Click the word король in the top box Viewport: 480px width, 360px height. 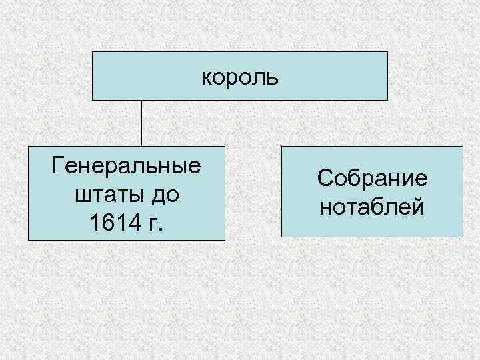coord(239,77)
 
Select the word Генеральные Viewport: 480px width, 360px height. coord(127,165)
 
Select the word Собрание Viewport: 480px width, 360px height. coord(372,179)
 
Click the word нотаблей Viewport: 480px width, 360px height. coord(372,208)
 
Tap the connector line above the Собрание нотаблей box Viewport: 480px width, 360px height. coord(331,123)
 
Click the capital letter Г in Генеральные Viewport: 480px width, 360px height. coord(57,165)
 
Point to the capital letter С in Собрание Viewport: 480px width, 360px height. coord(325,179)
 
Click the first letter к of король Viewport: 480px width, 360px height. coord(207,77)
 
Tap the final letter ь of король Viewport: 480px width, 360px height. coord(273,77)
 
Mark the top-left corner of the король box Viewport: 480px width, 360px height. coord(92,51)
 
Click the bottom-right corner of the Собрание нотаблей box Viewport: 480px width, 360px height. coord(463,237)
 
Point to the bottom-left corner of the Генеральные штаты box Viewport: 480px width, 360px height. coord(28,239)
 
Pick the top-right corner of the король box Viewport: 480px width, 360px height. coord(387,51)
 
